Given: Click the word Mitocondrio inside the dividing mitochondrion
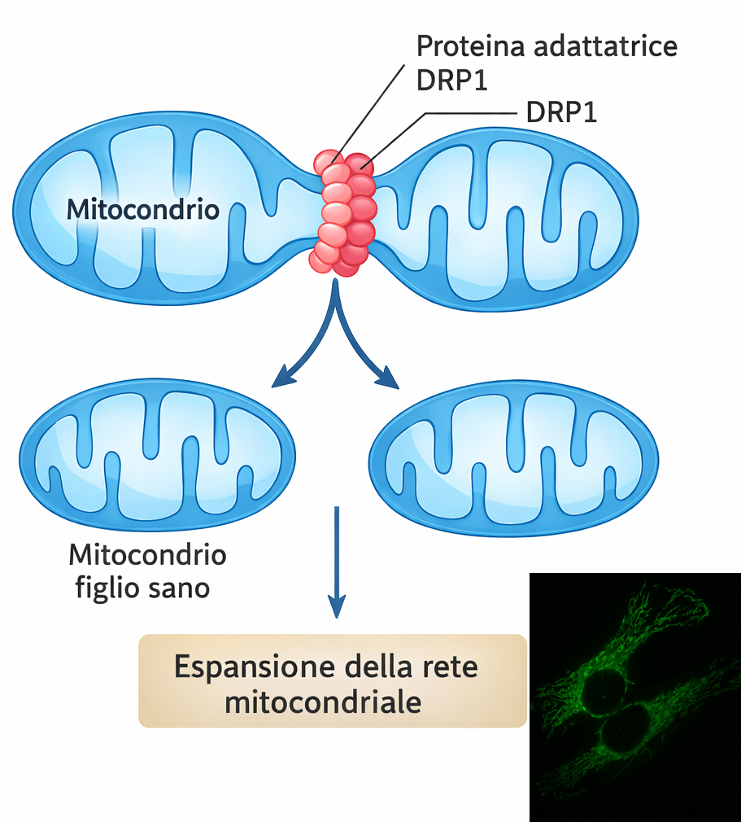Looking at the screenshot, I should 142,210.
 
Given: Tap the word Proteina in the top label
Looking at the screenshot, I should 470,46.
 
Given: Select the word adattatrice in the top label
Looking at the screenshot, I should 606,46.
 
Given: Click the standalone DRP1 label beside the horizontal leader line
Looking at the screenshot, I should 561,113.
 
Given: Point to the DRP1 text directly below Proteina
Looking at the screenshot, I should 451,81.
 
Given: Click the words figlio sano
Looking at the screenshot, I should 143,587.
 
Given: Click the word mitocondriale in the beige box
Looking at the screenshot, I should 323,702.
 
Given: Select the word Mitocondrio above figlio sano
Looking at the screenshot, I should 147,556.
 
